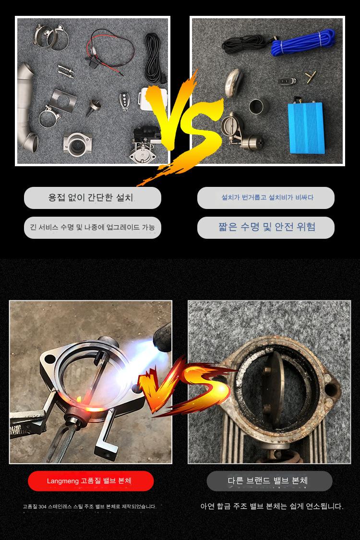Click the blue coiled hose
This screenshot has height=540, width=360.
pos(303,42)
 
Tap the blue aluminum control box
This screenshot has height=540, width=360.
pos(306,127)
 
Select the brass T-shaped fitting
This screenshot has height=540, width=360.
pos(311,77)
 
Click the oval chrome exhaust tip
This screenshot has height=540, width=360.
pos(233,83)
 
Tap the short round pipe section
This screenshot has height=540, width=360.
pos(259,107)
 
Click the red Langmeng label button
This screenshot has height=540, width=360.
pos(91,481)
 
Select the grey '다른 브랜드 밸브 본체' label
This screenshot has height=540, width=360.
pos(269,481)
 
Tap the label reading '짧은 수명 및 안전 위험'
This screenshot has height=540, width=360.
pos(266,227)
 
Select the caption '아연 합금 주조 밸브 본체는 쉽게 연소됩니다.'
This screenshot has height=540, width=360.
pos(272,506)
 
